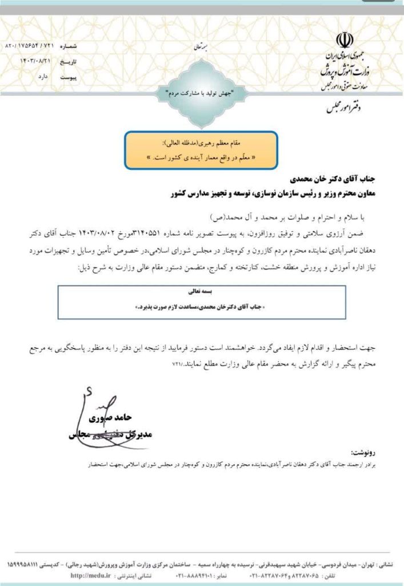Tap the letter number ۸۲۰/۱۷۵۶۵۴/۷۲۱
click(x=29, y=45)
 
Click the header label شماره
click(x=82, y=45)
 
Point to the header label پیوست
click(x=82, y=74)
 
